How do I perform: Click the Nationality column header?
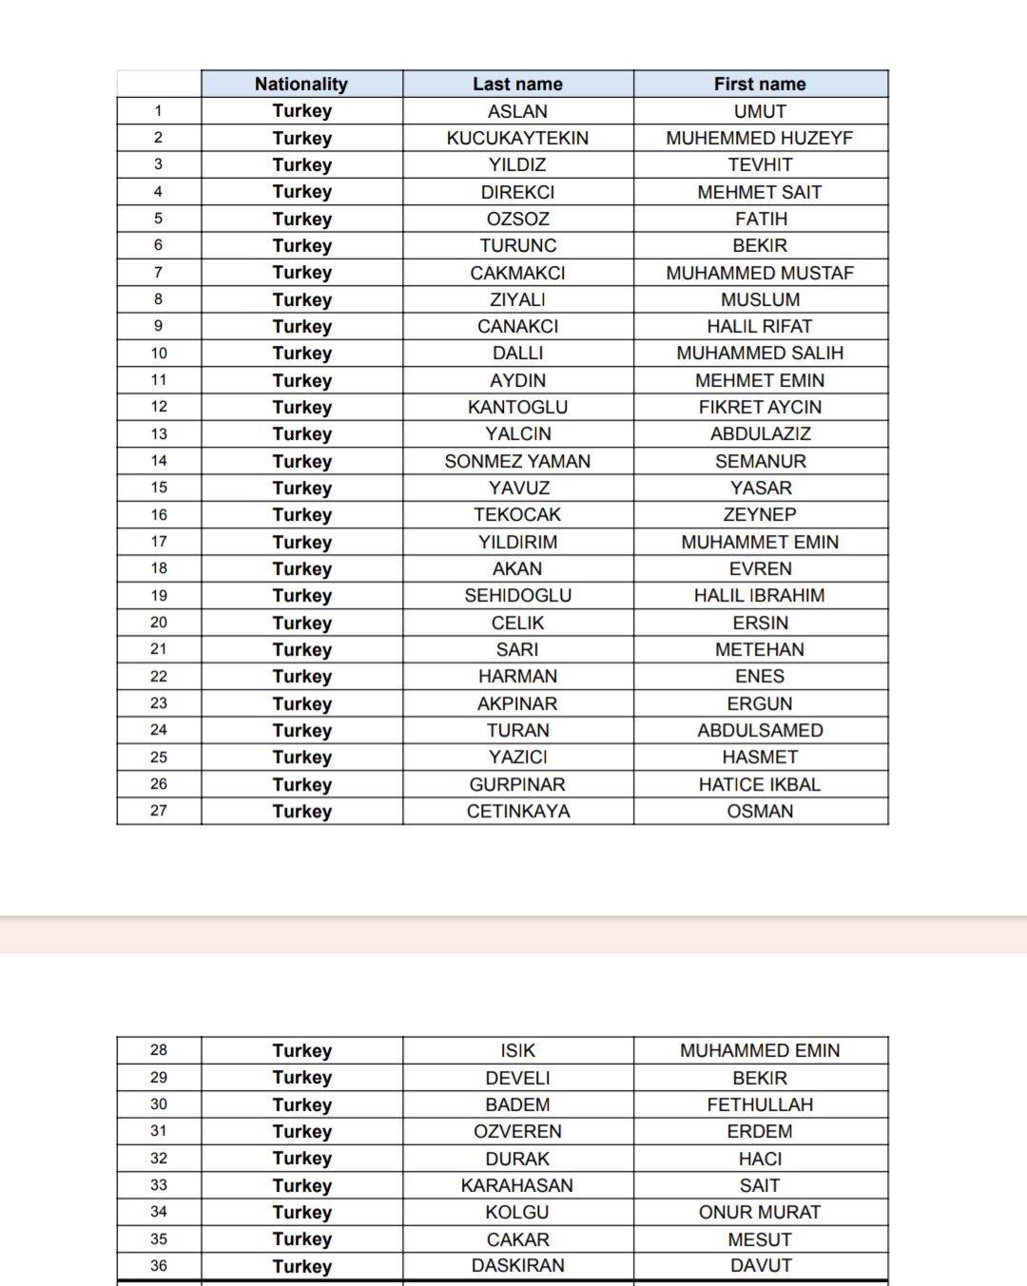(x=301, y=84)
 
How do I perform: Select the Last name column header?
(x=517, y=84)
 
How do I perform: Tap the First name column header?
(x=760, y=84)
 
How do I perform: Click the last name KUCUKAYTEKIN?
(x=517, y=138)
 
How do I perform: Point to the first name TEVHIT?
(x=760, y=164)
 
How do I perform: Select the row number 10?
(x=159, y=353)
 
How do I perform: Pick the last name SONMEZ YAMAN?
(x=517, y=461)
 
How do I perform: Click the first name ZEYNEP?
(x=760, y=514)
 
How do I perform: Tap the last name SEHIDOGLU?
(x=517, y=595)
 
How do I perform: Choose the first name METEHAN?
(x=760, y=649)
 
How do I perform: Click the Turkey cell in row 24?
(x=301, y=730)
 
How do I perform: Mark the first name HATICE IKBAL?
(x=760, y=784)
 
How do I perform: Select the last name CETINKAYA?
(x=517, y=811)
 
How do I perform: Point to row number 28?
(x=159, y=1050)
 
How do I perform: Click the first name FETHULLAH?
(x=760, y=1104)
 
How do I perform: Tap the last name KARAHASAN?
(x=517, y=1185)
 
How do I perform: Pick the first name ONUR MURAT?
(x=760, y=1212)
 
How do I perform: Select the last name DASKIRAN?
(x=517, y=1265)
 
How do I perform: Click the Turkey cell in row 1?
(x=301, y=110)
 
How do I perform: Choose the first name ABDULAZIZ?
(x=760, y=433)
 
